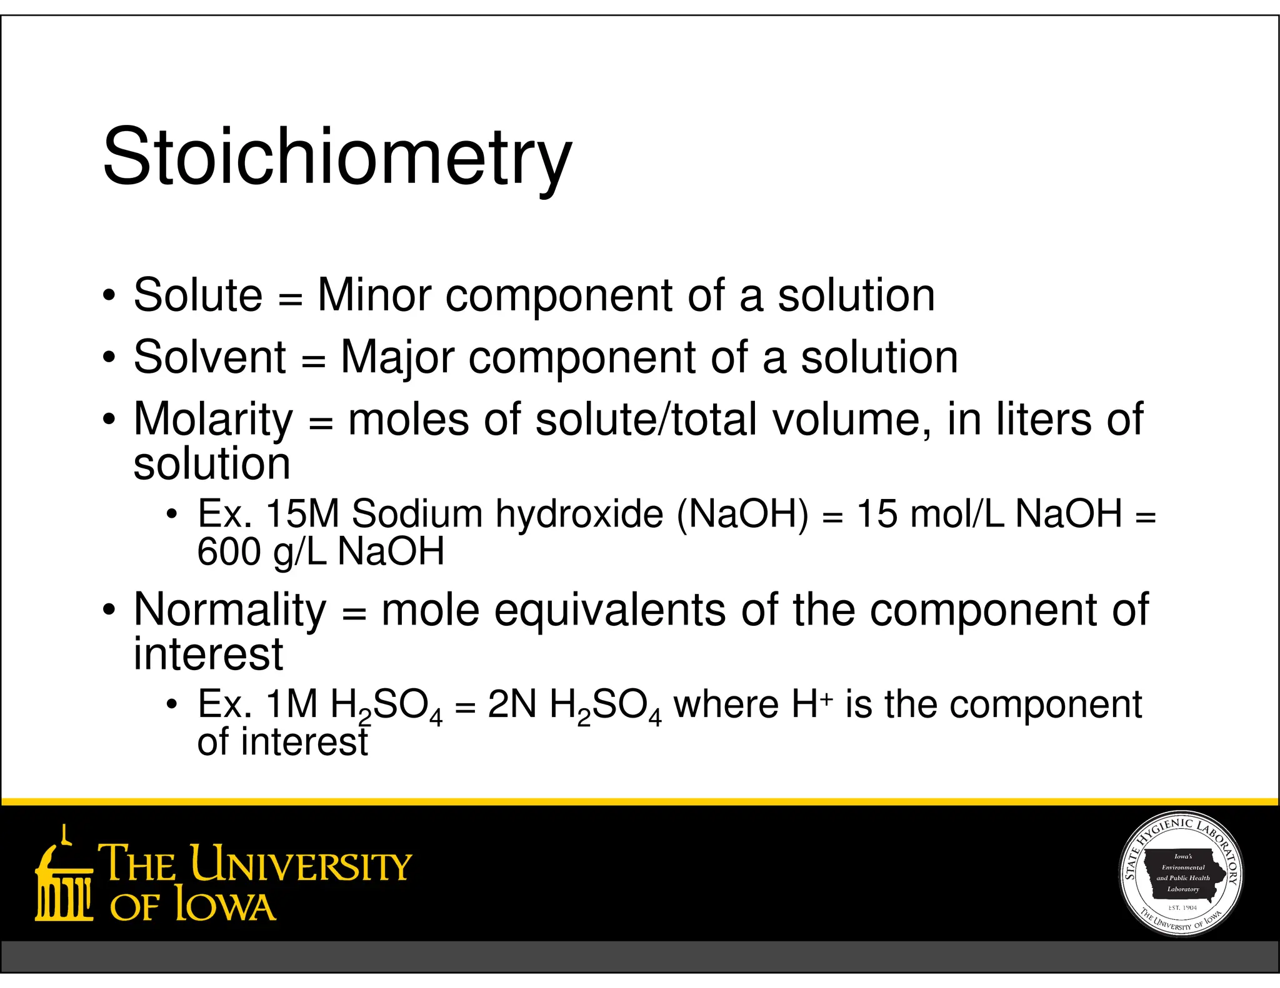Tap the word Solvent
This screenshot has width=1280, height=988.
point(210,357)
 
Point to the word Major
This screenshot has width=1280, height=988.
point(397,357)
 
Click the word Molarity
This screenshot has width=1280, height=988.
point(213,419)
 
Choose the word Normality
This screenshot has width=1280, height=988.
point(230,610)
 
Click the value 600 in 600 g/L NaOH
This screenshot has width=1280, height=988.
point(228,551)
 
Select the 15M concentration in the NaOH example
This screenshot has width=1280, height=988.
point(302,514)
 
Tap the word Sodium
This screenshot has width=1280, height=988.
point(417,514)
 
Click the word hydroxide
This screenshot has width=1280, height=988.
point(579,514)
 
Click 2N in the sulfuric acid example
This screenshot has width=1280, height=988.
point(512,704)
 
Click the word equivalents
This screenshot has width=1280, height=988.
point(610,610)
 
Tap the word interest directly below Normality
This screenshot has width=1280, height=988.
point(209,654)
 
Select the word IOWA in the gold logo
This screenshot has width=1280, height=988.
point(225,906)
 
